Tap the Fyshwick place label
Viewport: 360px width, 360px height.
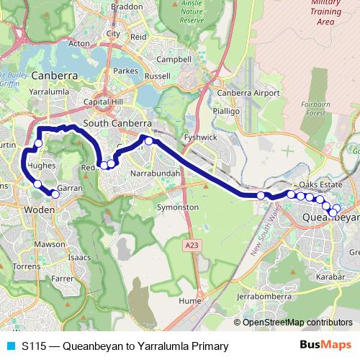200,136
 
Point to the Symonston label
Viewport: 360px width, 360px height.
177,207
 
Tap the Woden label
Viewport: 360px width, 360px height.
35,210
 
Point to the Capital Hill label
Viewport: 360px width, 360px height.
103,103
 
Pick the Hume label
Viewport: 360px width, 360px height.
189,301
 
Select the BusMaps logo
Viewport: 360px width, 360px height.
320,346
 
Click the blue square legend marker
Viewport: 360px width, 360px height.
9,346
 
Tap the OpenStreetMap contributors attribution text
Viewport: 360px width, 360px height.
297,323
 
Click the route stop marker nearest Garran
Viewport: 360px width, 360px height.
55,194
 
